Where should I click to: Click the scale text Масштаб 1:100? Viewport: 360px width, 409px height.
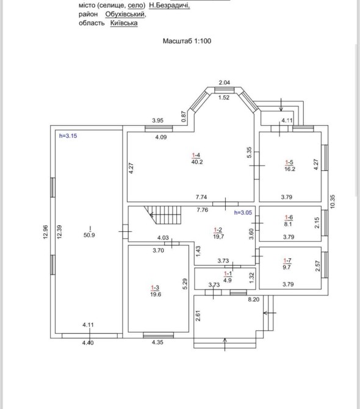point(187,41)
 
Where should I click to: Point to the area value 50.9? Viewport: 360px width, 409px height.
point(89,235)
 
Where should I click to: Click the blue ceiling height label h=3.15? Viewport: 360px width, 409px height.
point(68,136)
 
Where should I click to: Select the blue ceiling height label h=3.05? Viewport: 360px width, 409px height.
point(243,212)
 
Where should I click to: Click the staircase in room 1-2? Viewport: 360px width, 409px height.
point(162,215)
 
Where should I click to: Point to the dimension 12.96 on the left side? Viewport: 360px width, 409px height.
point(46,232)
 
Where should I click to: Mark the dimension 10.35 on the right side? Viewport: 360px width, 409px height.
point(333,201)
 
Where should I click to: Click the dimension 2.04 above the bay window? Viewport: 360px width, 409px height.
point(224,82)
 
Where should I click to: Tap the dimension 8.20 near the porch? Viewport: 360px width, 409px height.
point(254,300)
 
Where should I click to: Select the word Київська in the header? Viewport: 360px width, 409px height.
point(124,23)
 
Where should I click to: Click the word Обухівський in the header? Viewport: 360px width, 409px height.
point(125,14)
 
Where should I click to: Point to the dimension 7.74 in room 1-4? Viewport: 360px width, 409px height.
point(201,197)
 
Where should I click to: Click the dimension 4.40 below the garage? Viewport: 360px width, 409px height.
point(88,342)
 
